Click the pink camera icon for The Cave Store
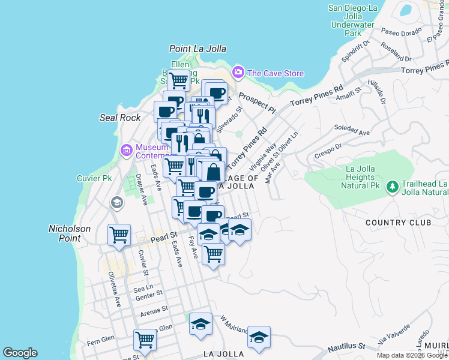(238, 73)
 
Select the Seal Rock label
(120, 118)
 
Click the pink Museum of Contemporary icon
(127, 150)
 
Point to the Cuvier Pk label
(95, 178)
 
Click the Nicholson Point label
(70, 233)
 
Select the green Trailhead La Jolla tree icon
(393, 187)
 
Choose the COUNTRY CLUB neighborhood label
(399, 223)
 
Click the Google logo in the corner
(20, 353)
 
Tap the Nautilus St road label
(345, 346)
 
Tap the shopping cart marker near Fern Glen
(145, 339)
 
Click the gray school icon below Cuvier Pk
(116, 203)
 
